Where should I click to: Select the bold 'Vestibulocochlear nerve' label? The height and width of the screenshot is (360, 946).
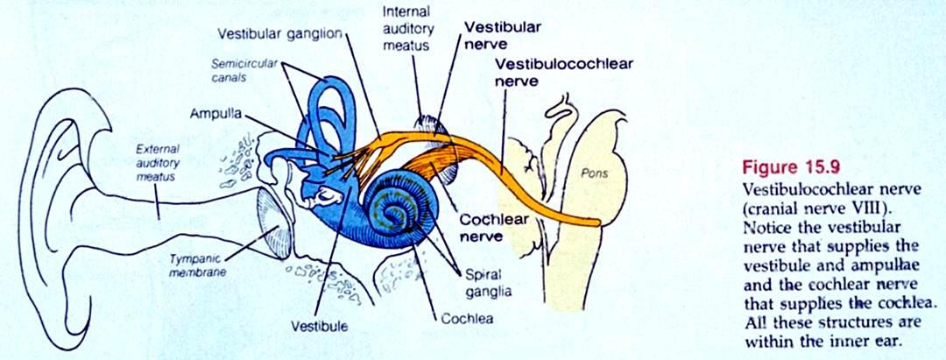[x=564, y=72]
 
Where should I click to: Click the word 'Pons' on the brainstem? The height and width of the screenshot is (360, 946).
[x=594, y=173]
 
